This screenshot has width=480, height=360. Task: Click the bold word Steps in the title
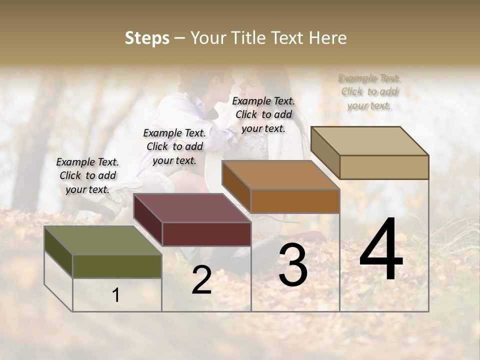[147, 38]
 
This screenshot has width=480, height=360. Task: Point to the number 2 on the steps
[201, 280]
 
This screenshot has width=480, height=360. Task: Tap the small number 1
[116, 295]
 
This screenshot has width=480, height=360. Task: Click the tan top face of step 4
[370, 140]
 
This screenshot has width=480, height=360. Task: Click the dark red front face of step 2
[206, 234]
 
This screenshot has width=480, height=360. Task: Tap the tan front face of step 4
[384, 167]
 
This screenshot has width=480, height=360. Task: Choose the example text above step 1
[87, 175]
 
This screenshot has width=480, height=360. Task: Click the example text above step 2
[174, 146]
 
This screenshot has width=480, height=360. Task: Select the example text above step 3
[263, 114]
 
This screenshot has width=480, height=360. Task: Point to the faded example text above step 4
[369, 91]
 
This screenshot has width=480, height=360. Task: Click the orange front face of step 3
[295, 201]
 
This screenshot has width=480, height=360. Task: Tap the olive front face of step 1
[117, 266]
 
